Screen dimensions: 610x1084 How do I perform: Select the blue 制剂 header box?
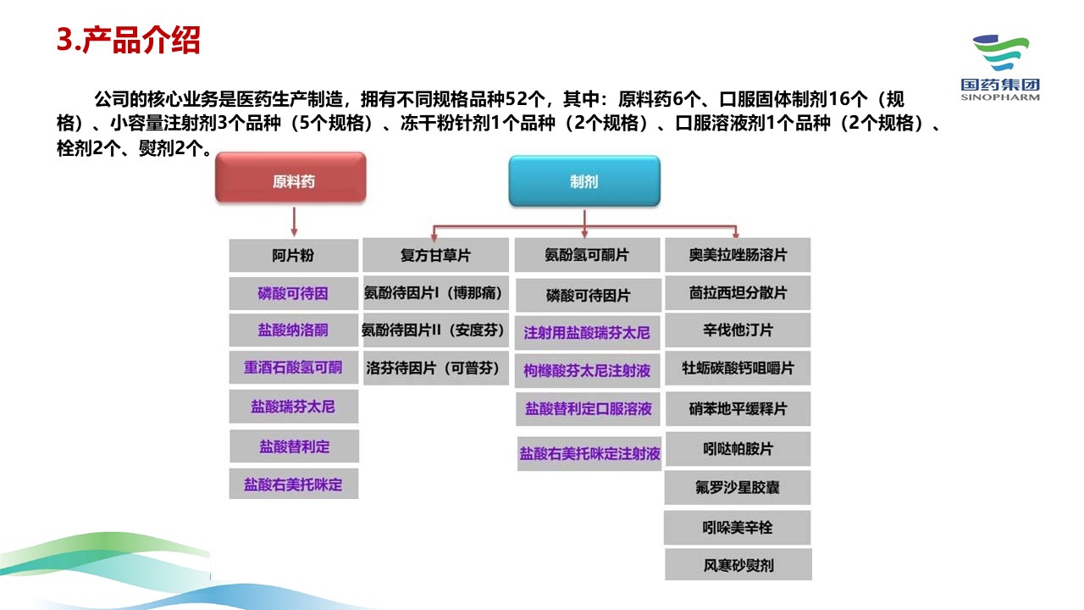pos(583,180)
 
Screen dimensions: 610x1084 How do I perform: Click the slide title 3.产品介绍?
pos(128,40)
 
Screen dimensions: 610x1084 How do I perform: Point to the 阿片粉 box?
pos(293,255)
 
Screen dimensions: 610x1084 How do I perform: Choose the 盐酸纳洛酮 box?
pos(293,330)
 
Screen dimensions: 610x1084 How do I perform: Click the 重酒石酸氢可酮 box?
pos(293,368)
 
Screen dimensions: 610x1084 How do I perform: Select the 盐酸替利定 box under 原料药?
pos(294,446)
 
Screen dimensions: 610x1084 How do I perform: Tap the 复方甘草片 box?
pos(435,255)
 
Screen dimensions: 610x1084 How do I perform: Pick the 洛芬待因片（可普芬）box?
pos(435,369)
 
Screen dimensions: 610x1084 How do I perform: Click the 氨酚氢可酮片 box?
pos(587,255)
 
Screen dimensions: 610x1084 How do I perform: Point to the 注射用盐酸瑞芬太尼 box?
pos(587,332)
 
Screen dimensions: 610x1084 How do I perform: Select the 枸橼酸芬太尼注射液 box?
pos(587,370)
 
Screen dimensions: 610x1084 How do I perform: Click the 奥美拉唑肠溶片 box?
pos(738,255)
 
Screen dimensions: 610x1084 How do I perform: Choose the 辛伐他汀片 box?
pos(738,330)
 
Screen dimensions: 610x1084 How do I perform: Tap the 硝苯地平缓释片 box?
pos(738,408)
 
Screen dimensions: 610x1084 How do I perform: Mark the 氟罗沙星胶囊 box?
pos(738,488)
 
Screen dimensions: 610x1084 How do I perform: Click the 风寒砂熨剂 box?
pos(738,564)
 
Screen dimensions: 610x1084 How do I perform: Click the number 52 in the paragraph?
pos(517,98)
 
